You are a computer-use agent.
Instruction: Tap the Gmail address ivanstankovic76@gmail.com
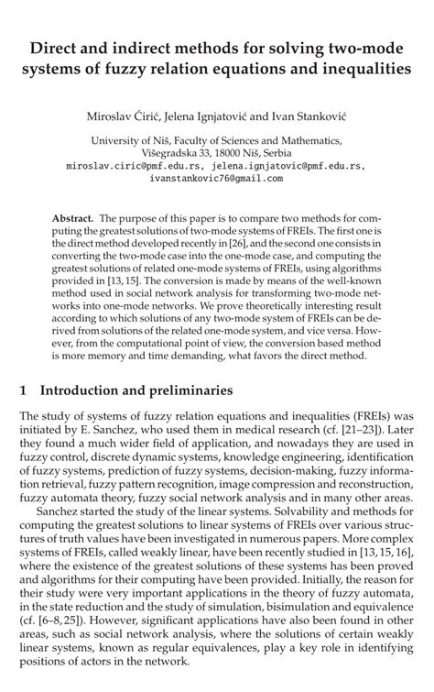click(216, 180)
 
